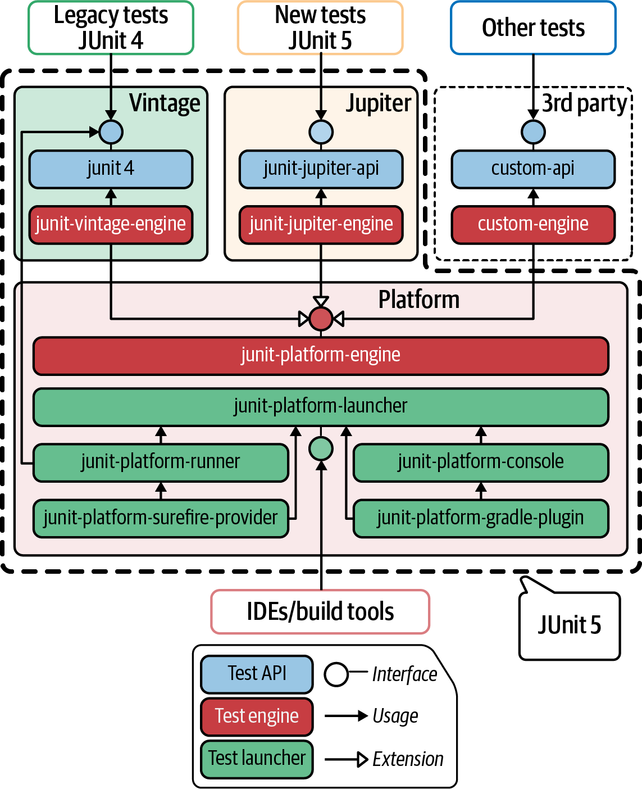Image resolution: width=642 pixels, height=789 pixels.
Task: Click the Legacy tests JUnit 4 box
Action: point(111,28)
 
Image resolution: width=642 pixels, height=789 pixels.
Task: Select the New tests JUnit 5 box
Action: point(320,28)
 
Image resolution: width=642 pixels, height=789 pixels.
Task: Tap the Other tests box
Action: point(533,28)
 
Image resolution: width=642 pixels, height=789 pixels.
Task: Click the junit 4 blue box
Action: point(111,169)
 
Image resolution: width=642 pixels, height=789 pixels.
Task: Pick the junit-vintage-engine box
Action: point(111,224)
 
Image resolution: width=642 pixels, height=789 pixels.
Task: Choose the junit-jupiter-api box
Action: point(321,169)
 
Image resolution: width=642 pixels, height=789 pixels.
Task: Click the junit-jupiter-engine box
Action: point(321,224)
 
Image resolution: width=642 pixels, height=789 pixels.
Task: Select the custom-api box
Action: point(533,169)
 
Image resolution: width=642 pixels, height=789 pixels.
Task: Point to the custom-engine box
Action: point(533,224)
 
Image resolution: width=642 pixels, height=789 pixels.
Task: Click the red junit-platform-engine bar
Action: point(321,355)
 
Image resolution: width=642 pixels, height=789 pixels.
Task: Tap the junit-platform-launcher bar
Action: point(321,406)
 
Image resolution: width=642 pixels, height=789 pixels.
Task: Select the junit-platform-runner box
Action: point(161,462)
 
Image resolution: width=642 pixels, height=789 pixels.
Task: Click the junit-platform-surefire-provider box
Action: point(161,518)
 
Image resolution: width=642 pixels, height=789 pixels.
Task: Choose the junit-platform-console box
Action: point(481,462)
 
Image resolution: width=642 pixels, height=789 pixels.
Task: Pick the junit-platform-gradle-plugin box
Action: point(481,518)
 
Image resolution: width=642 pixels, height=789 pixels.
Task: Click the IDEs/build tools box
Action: point(320,611)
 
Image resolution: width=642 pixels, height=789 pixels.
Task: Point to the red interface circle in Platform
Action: point(321,319)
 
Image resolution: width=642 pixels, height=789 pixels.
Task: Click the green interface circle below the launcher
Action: point(321,448)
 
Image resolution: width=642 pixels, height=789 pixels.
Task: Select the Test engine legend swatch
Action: point(257,717)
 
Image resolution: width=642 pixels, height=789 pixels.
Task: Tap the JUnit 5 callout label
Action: point(570,625)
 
